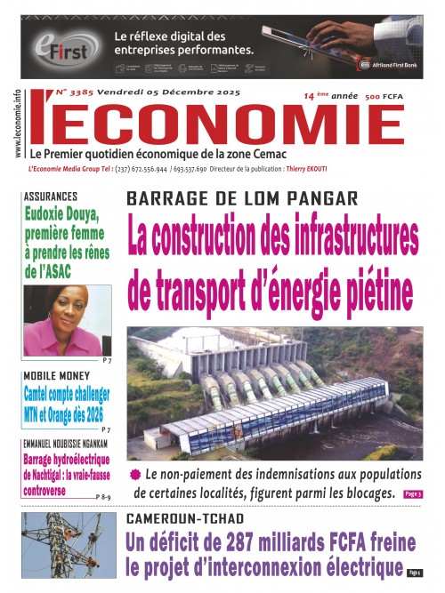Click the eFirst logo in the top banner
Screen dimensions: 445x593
[64, 46]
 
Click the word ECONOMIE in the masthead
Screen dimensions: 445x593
[222, 120]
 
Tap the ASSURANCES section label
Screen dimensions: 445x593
[56, 195]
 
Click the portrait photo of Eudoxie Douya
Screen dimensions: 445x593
[68, 320]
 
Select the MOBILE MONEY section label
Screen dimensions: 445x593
[59, 376]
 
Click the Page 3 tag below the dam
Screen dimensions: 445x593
[412, 493]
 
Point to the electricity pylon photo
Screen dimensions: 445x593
[69, 551]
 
